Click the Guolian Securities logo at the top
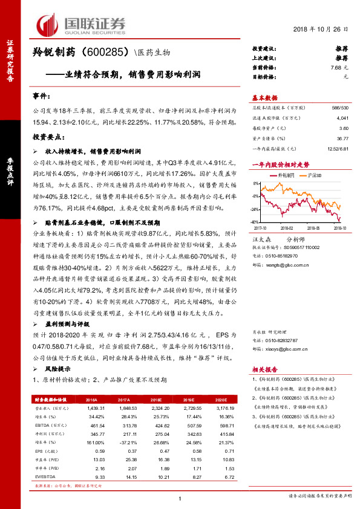point(82,24)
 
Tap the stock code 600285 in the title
point(108,53)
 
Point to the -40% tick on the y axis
point(257,222)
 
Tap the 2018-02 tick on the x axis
point(286,229)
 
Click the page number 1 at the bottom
point(180,498)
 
